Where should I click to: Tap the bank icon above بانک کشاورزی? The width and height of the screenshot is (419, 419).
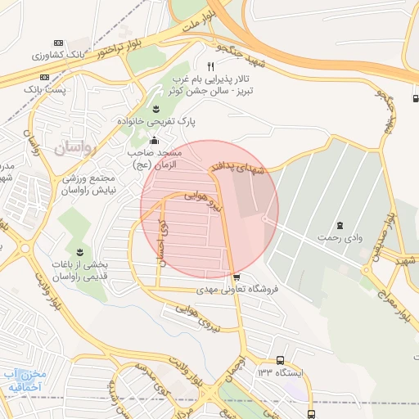57,43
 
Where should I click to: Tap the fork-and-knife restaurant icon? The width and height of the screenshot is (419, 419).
210,66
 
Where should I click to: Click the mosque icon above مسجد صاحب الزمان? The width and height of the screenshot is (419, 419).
154,139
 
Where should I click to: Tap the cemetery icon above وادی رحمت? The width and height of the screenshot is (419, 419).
340,224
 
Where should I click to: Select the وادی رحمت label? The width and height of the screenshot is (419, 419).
341,237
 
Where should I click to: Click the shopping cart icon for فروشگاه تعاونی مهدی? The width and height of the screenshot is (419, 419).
237,277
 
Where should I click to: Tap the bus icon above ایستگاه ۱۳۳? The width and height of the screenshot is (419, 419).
281,360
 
